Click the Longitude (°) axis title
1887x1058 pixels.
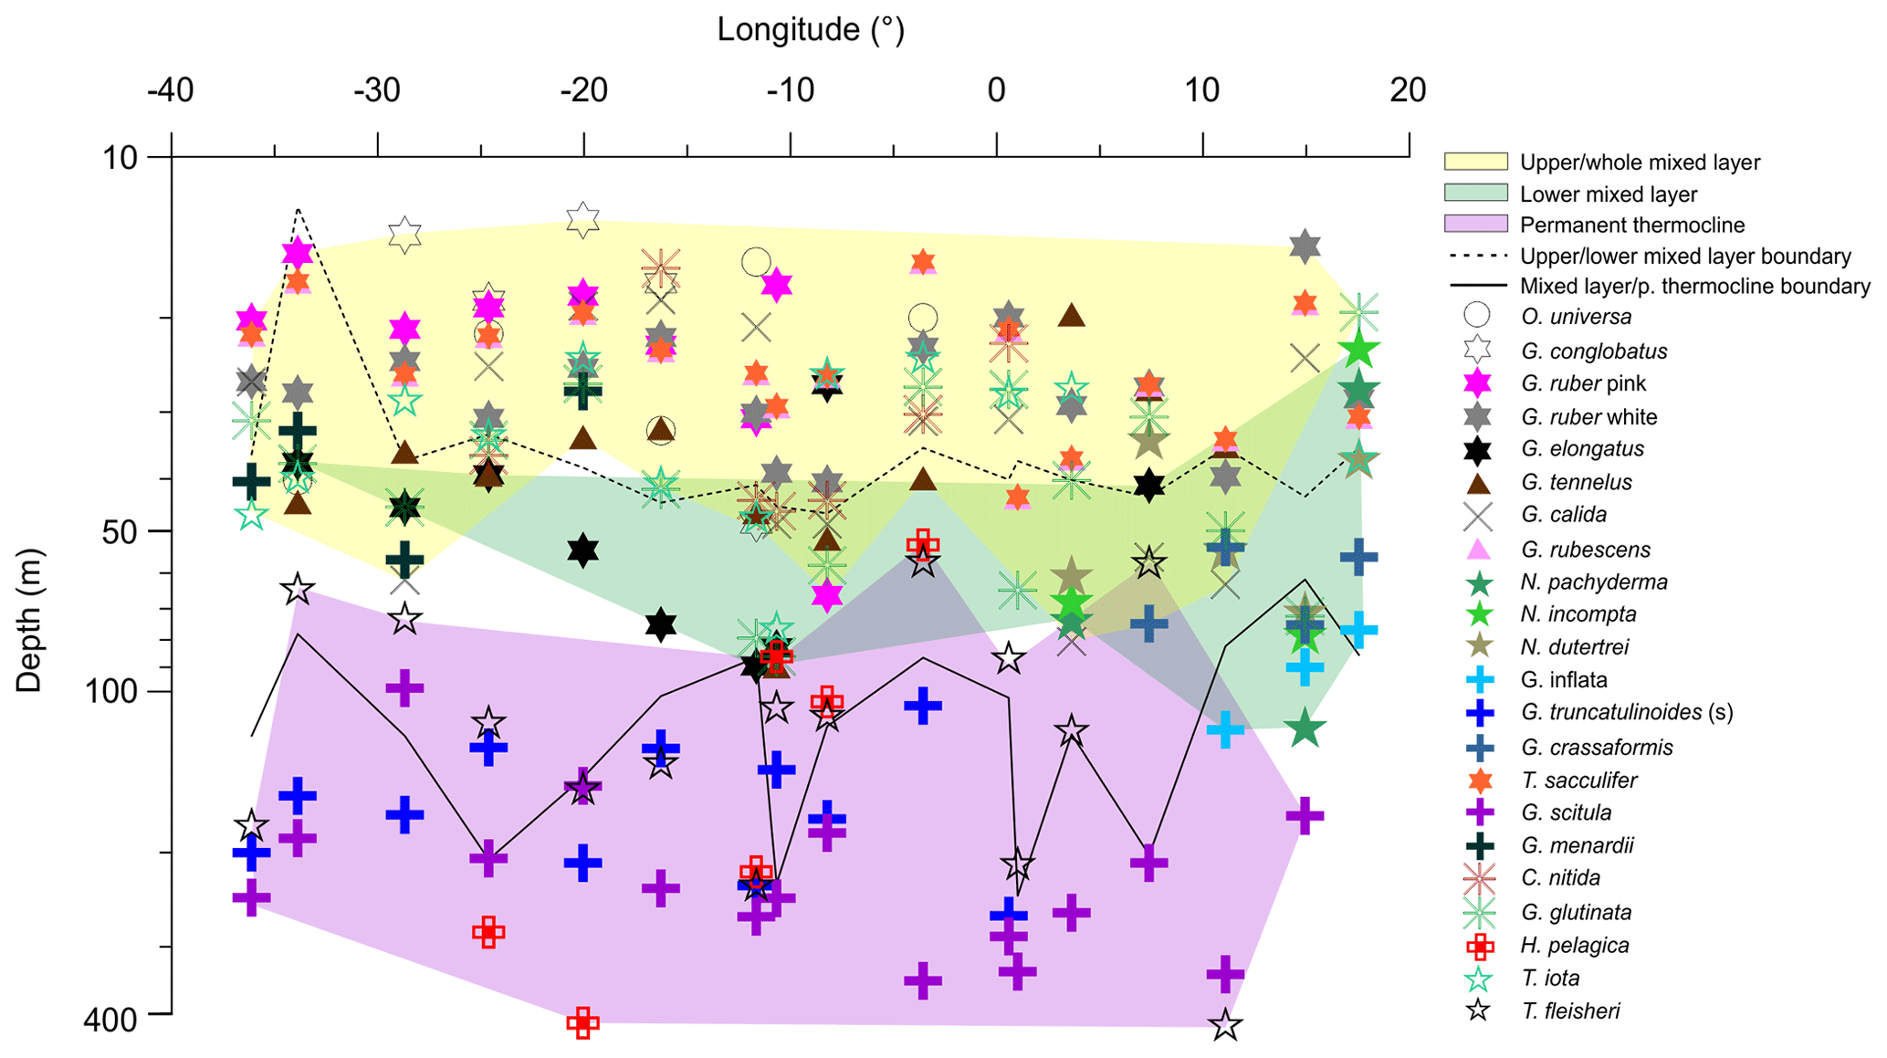pyautogui.click(x=810, y=30)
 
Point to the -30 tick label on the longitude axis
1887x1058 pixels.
pyautogui.click(x=376, y=90)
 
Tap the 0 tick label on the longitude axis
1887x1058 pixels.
pyautogui.click(x=996, y=90)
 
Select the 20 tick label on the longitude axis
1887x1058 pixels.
pyautogui.click(x=1408, y=90)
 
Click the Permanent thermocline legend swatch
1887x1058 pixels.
pyautogui.click(x=1475, y=225)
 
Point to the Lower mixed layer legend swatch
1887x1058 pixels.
pyautogui.click(x=1475, y=193)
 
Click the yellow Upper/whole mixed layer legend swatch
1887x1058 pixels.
pyautogui.click(x=1475, y=162)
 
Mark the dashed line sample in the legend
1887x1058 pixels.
pyautogui.click(x=1475, y=257)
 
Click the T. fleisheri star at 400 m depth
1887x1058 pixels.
pyautogui.click(x=1225, y=1025)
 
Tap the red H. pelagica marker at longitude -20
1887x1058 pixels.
pyautogui.click(x=582, y=1022)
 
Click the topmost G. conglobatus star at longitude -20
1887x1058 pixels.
pyautogui.click(x=582, y=219)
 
